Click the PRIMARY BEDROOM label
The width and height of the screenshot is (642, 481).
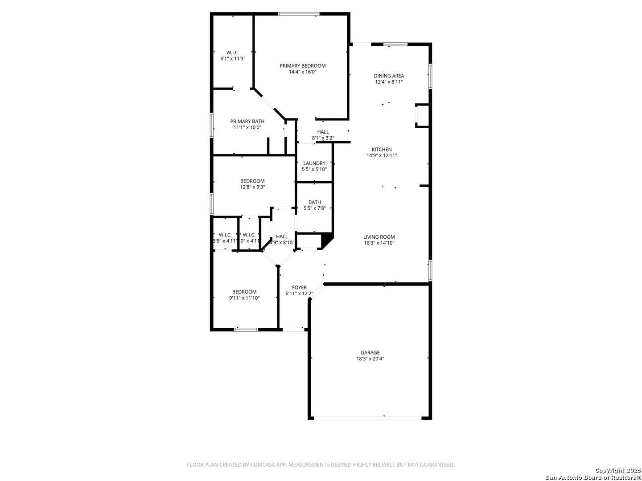302,66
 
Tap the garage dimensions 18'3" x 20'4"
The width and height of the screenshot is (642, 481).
370,359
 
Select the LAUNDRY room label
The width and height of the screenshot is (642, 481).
314,163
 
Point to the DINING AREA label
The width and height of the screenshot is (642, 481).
389,76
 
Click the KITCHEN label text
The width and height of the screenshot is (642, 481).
382,150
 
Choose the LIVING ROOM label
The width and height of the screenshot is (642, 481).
379,237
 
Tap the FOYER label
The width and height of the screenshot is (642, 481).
299,288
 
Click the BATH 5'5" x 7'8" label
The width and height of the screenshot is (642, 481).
314,205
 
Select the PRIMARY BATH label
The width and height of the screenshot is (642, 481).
247,121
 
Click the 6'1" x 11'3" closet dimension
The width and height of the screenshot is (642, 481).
233,58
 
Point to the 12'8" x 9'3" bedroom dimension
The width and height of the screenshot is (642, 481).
252,187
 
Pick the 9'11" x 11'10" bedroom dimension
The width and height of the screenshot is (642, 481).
244,298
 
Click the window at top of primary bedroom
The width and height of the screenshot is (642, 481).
298,14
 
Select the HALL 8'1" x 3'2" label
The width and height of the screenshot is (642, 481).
323,135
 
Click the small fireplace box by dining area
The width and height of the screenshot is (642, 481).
422,116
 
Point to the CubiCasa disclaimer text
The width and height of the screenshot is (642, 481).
321,465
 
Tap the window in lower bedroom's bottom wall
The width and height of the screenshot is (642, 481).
246,330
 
